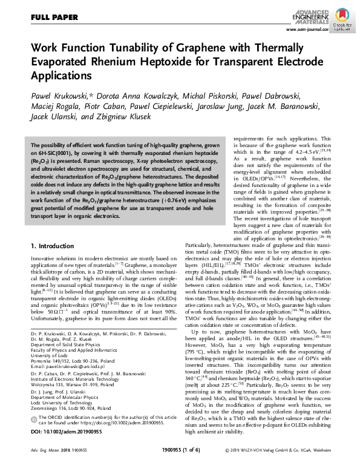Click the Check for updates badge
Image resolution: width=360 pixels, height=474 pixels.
[342, 22]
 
